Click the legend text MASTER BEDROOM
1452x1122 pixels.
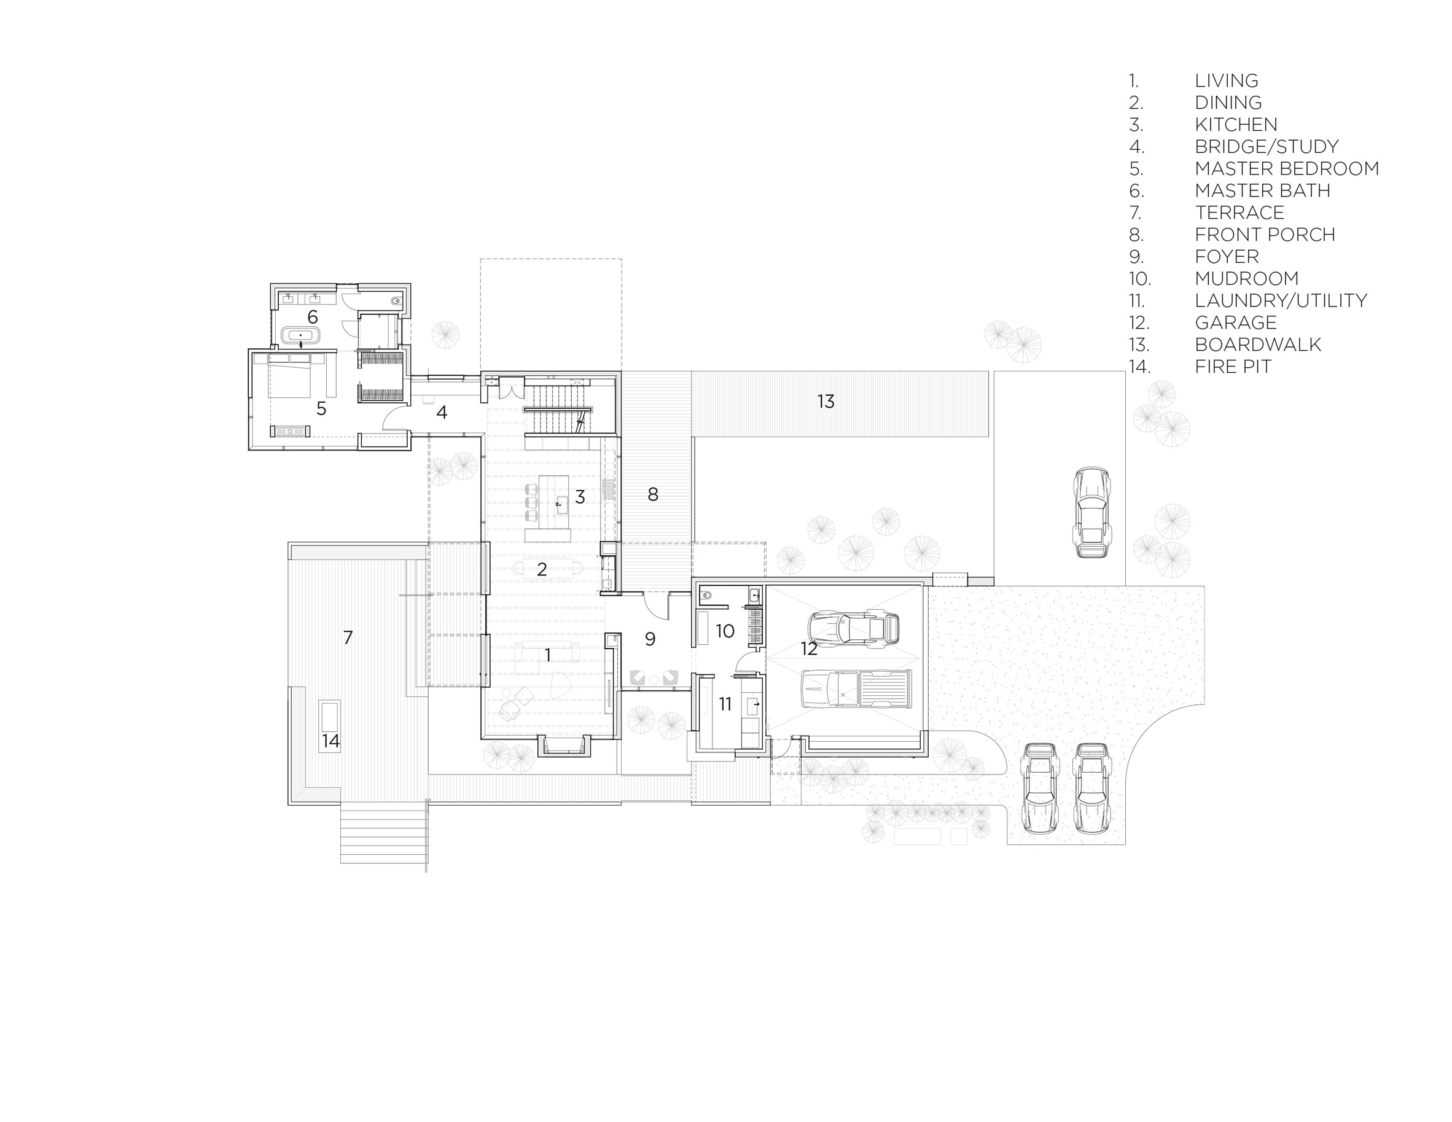point(1286,169)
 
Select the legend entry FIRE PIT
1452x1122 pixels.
point(1233,366)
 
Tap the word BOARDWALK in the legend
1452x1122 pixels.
point(1258,345)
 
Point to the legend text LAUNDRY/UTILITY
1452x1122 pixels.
point(1281,300)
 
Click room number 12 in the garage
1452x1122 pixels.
point(808,649)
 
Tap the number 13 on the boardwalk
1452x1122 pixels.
point(826,402)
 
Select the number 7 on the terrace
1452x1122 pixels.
point(348,637)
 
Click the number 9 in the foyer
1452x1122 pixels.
point(650,639)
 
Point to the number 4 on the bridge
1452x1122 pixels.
point(442,412)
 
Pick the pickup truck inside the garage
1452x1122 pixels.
point(856,688)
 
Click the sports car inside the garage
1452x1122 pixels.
point(854,628)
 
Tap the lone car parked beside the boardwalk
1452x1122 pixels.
point(1091,512)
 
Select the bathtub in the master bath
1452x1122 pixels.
point(300,335)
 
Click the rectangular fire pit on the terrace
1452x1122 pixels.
point(330,726)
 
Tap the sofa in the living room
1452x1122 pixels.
point(547,652)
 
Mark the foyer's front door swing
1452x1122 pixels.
point(656,604)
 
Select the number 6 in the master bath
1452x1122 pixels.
point(312,317)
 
